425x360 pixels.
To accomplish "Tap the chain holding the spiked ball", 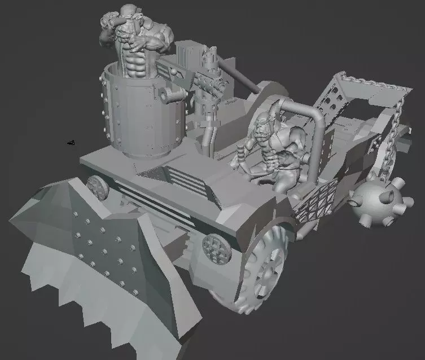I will click(389, 141).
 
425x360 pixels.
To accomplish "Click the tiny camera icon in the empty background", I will click(71, 143).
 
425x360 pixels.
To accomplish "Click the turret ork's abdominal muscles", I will click(135, 62).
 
